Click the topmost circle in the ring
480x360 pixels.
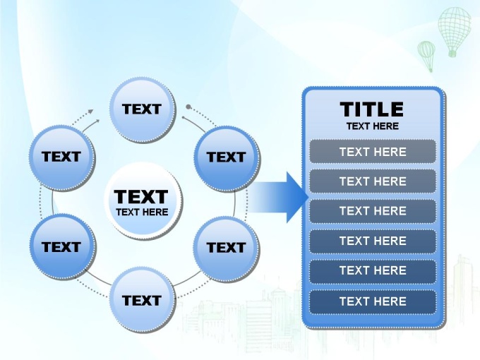pyautogui.click(x=143, y=110)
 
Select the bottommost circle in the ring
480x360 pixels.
pyautogui.click(x=143, y=301)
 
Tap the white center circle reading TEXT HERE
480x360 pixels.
pyautogui.click(x=143, y=200)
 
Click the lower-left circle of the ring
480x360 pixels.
pyautogui.click(x=62, y=247)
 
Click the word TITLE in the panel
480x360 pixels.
pyautogui.click(x=371, y=109)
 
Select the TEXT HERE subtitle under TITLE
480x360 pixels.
pyautogui.click(x=373, y=126)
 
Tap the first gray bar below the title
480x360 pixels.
pyautogui.click(x=373, y=152)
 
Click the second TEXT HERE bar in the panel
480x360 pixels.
pyautogui.click(x=373, y=181)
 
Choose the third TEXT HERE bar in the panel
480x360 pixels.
pyautogui.click(x=373, y=211)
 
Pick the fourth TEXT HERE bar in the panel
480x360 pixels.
pyautogui.click(x=373, y=241)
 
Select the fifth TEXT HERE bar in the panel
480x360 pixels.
pyautogui.click(x=373, y=271)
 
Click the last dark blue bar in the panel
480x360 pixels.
pyautogui.click(x=373, y=301)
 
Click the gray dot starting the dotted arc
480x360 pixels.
pyautogui.click(x=188, y=107)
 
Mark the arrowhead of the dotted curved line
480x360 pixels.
pyautogui.click(x=90, y=111)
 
